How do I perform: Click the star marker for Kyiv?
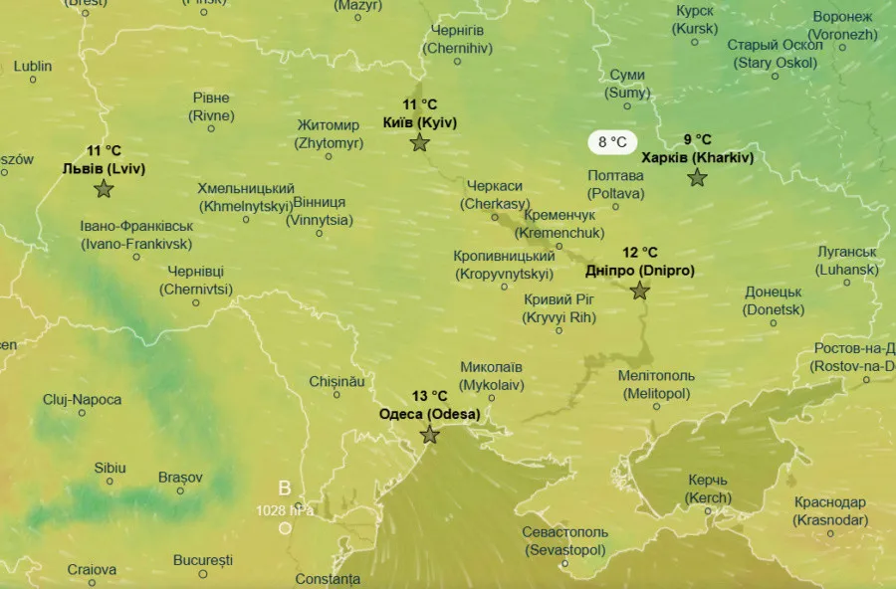tap(419, 142)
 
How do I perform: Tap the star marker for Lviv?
tap(104, 189)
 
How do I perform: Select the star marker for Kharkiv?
tap(697, 178)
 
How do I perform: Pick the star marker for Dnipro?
tap(639, 292)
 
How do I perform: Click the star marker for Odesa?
tap(429, 435)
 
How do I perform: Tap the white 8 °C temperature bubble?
tap(612, 142)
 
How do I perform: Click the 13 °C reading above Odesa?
tap(429, 396)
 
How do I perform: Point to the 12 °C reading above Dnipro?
tap(640, 253)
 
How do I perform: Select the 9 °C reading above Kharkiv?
tap(697, 139)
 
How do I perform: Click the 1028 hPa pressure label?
tap(285, 510)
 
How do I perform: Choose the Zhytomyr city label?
tap(329, 134)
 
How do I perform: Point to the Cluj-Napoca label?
tap(82, 400)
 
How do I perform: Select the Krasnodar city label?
tap(829, 511)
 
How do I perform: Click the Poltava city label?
tap(615, 183)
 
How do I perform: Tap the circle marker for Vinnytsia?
tap(320, 234)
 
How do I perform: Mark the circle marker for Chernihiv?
tap(458, 62)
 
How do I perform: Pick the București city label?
tap(202, 560)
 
